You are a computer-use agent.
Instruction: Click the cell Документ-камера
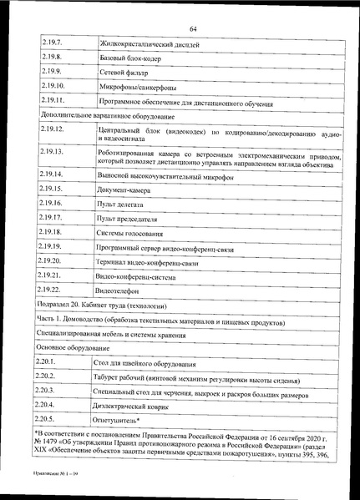(126, 190)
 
